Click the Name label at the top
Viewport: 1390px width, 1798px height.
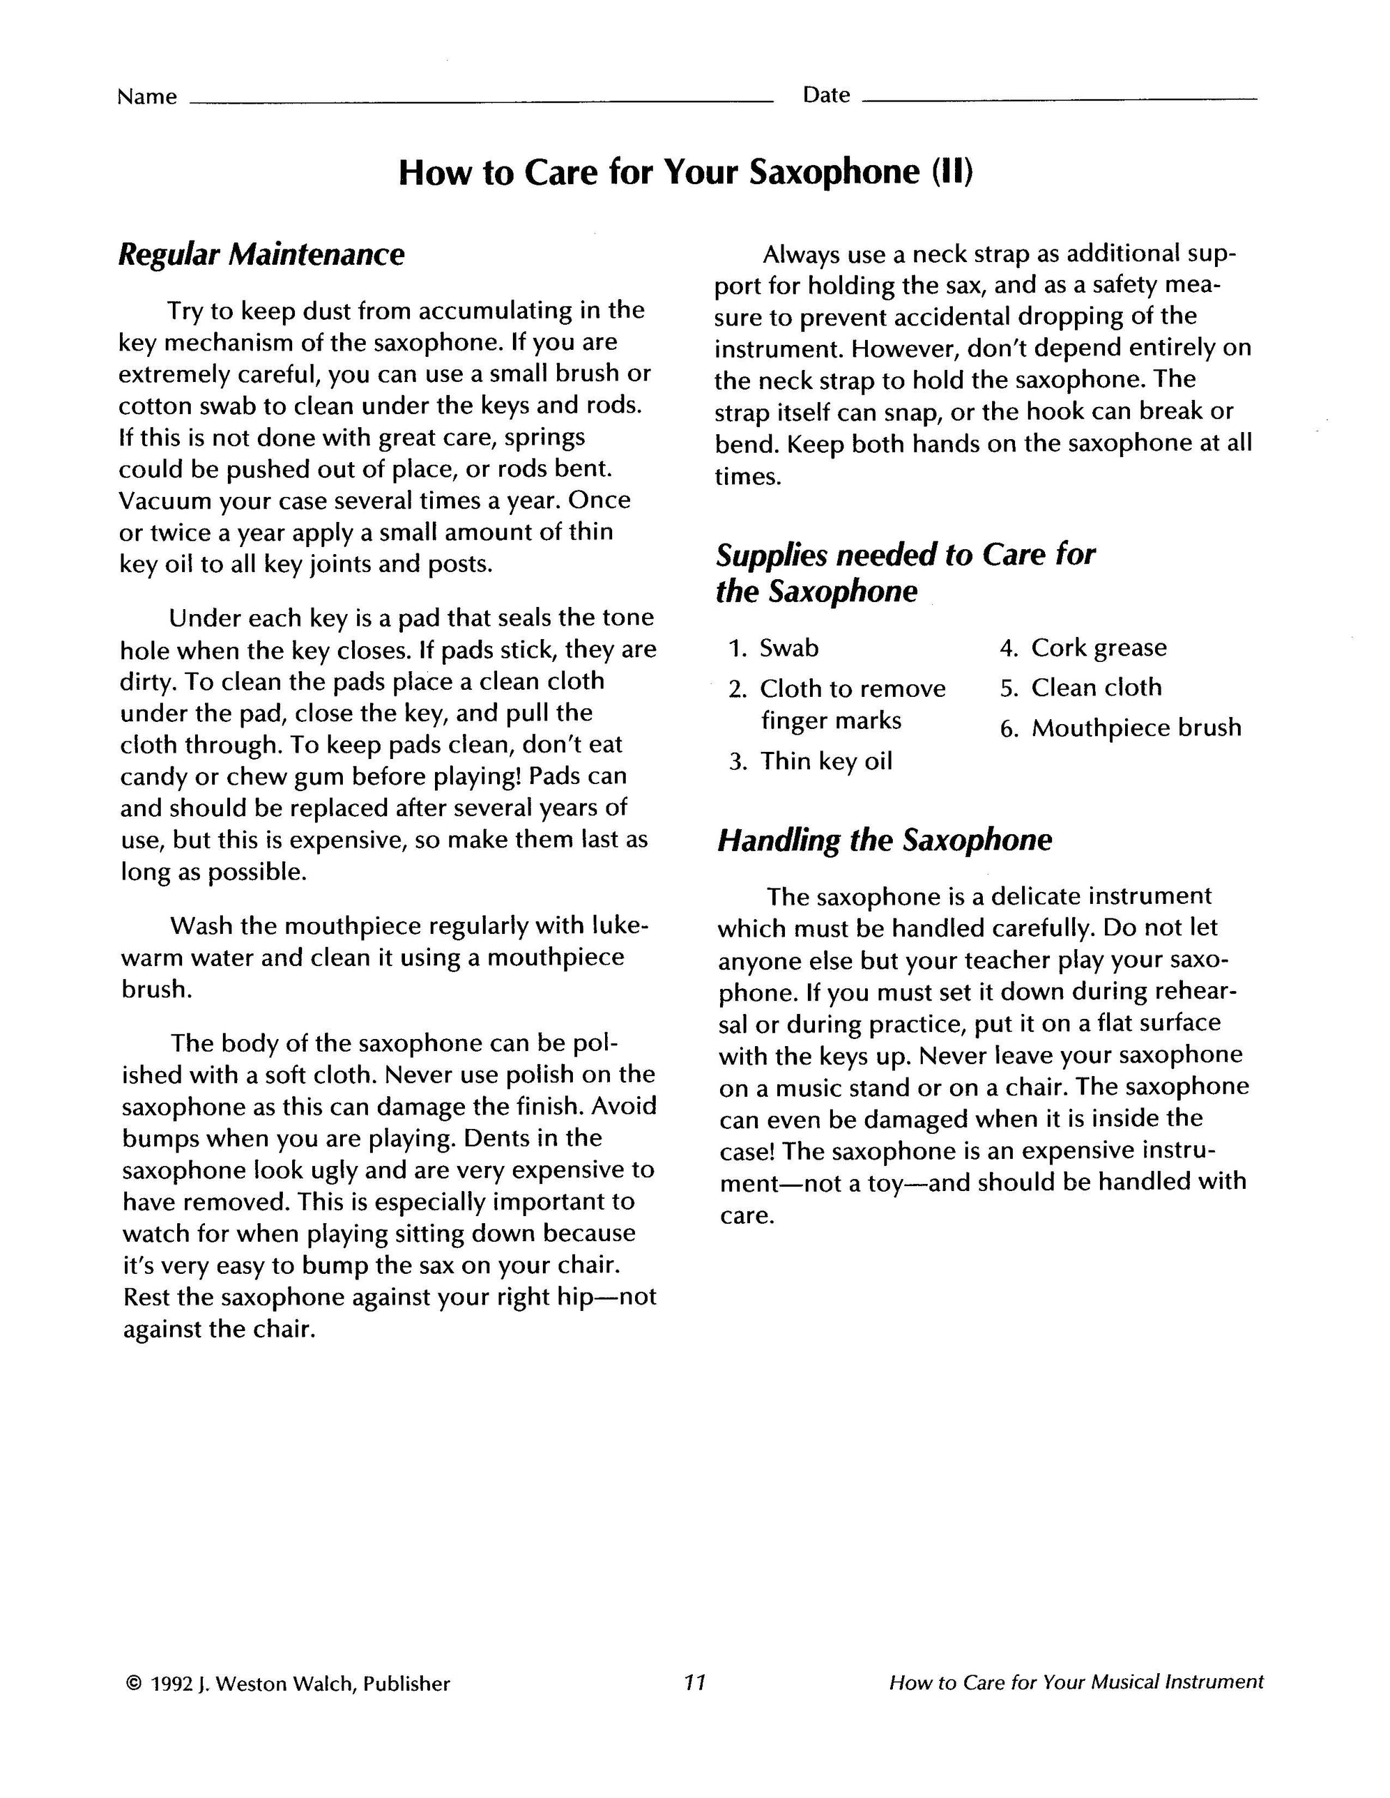pos(146,97)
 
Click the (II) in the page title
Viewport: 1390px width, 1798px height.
pos(952,172)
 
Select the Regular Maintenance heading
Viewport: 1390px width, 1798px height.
pos(261,254)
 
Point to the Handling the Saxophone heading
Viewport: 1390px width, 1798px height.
pos(884,840)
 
